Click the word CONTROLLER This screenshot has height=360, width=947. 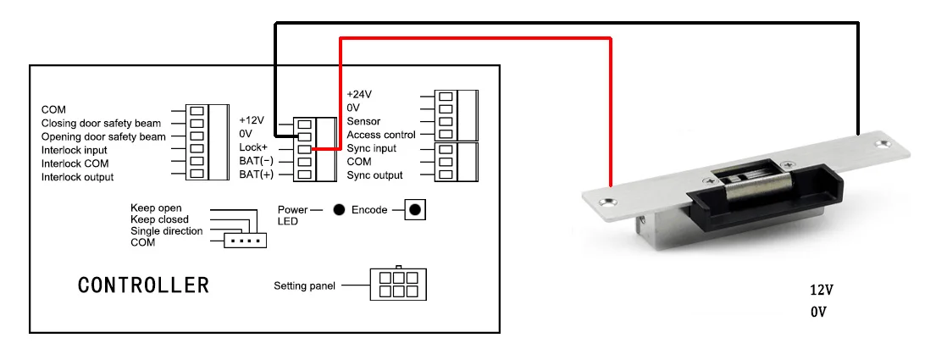pyautogui.click(x=144, y=285)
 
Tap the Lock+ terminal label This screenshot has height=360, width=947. pyautogui.click(x=253, y=147)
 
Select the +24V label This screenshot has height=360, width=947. pyautogui.click(x=359, y=94)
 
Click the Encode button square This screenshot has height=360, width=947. pyautogui.click(x=414, y=209)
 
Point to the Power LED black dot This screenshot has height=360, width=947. pyautogui.click(x=340, y=209)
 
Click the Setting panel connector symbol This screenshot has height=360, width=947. pyautogui.click(x=398, y=284)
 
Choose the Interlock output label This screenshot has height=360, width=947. pyautogui.click(x=77, y=177)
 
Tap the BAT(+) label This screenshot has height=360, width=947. pyautogui.click(x=256, y=174)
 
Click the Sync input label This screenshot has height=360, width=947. pyautogui.click(x=372, y=148)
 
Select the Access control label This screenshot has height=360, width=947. pyautogui.click(x=381, y=135)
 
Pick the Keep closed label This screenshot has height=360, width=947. pyautogui.click(x=159, y=219)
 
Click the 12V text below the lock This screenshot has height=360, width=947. pyautogui.click(x=822, y=290)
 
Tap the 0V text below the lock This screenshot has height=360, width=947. pyautogui.click(x=818, y=313)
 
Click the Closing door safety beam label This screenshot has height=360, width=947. pyautogui.click(x=101, y=123)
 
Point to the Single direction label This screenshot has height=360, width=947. pyautogui.click(x=167, y=230)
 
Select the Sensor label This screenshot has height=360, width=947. pyautogui.click(x=363, y=121)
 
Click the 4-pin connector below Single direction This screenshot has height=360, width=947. pyautogui.click(x=245, y=241)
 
